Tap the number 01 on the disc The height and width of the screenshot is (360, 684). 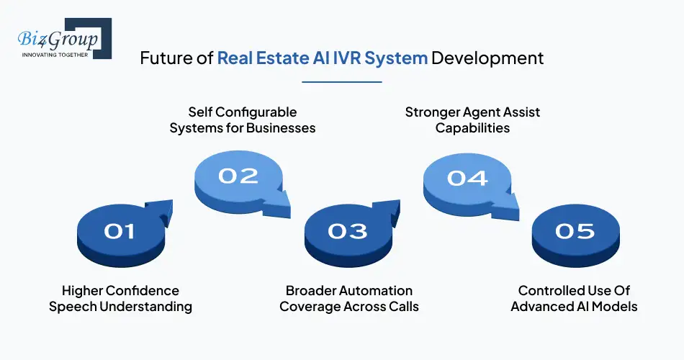click(x=120, y=231)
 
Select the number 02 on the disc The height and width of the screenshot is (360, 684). click(x=238, y=176)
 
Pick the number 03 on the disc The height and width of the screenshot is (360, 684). click(x=348, y=231)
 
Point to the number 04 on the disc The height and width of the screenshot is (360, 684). click(x=467, y=176)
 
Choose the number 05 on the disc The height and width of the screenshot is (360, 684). click(x=575, y=231)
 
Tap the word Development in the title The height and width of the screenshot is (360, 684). click(x=487, y=58)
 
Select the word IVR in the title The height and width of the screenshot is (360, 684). click(x=339, y=58)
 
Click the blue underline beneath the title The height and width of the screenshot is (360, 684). click(x=342, y=82)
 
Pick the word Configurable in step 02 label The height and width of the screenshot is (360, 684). click(x=256, y=112)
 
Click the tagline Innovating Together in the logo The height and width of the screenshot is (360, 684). click(x=55, y=54)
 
